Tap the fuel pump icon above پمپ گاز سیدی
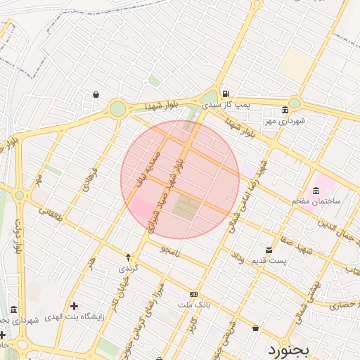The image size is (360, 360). pyautogui.click(x=224, y=94)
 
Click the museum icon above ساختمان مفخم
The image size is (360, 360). pyautogui.click(x=315, y=190)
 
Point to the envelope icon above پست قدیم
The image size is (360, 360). pyautogui.click(x=269, y=250)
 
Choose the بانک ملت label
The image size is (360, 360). pyautogui.click(x=193, y=305)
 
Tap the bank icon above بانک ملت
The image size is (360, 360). pyautogui.click(x=193, y=295)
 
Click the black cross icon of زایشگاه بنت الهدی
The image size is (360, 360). pyautogui.click(x=74, y=306)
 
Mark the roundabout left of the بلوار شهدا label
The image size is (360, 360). pyautogui.click(x=118, y=108)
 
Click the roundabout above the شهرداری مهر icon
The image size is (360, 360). pyautogui.click(x=295, y=103)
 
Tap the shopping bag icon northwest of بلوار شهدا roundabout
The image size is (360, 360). pyautogui.click(x=96, y=94)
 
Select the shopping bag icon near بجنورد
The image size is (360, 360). pyautogui.click(x=255, y=328)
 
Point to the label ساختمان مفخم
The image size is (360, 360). pyautogui.click(x=316, y=201)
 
